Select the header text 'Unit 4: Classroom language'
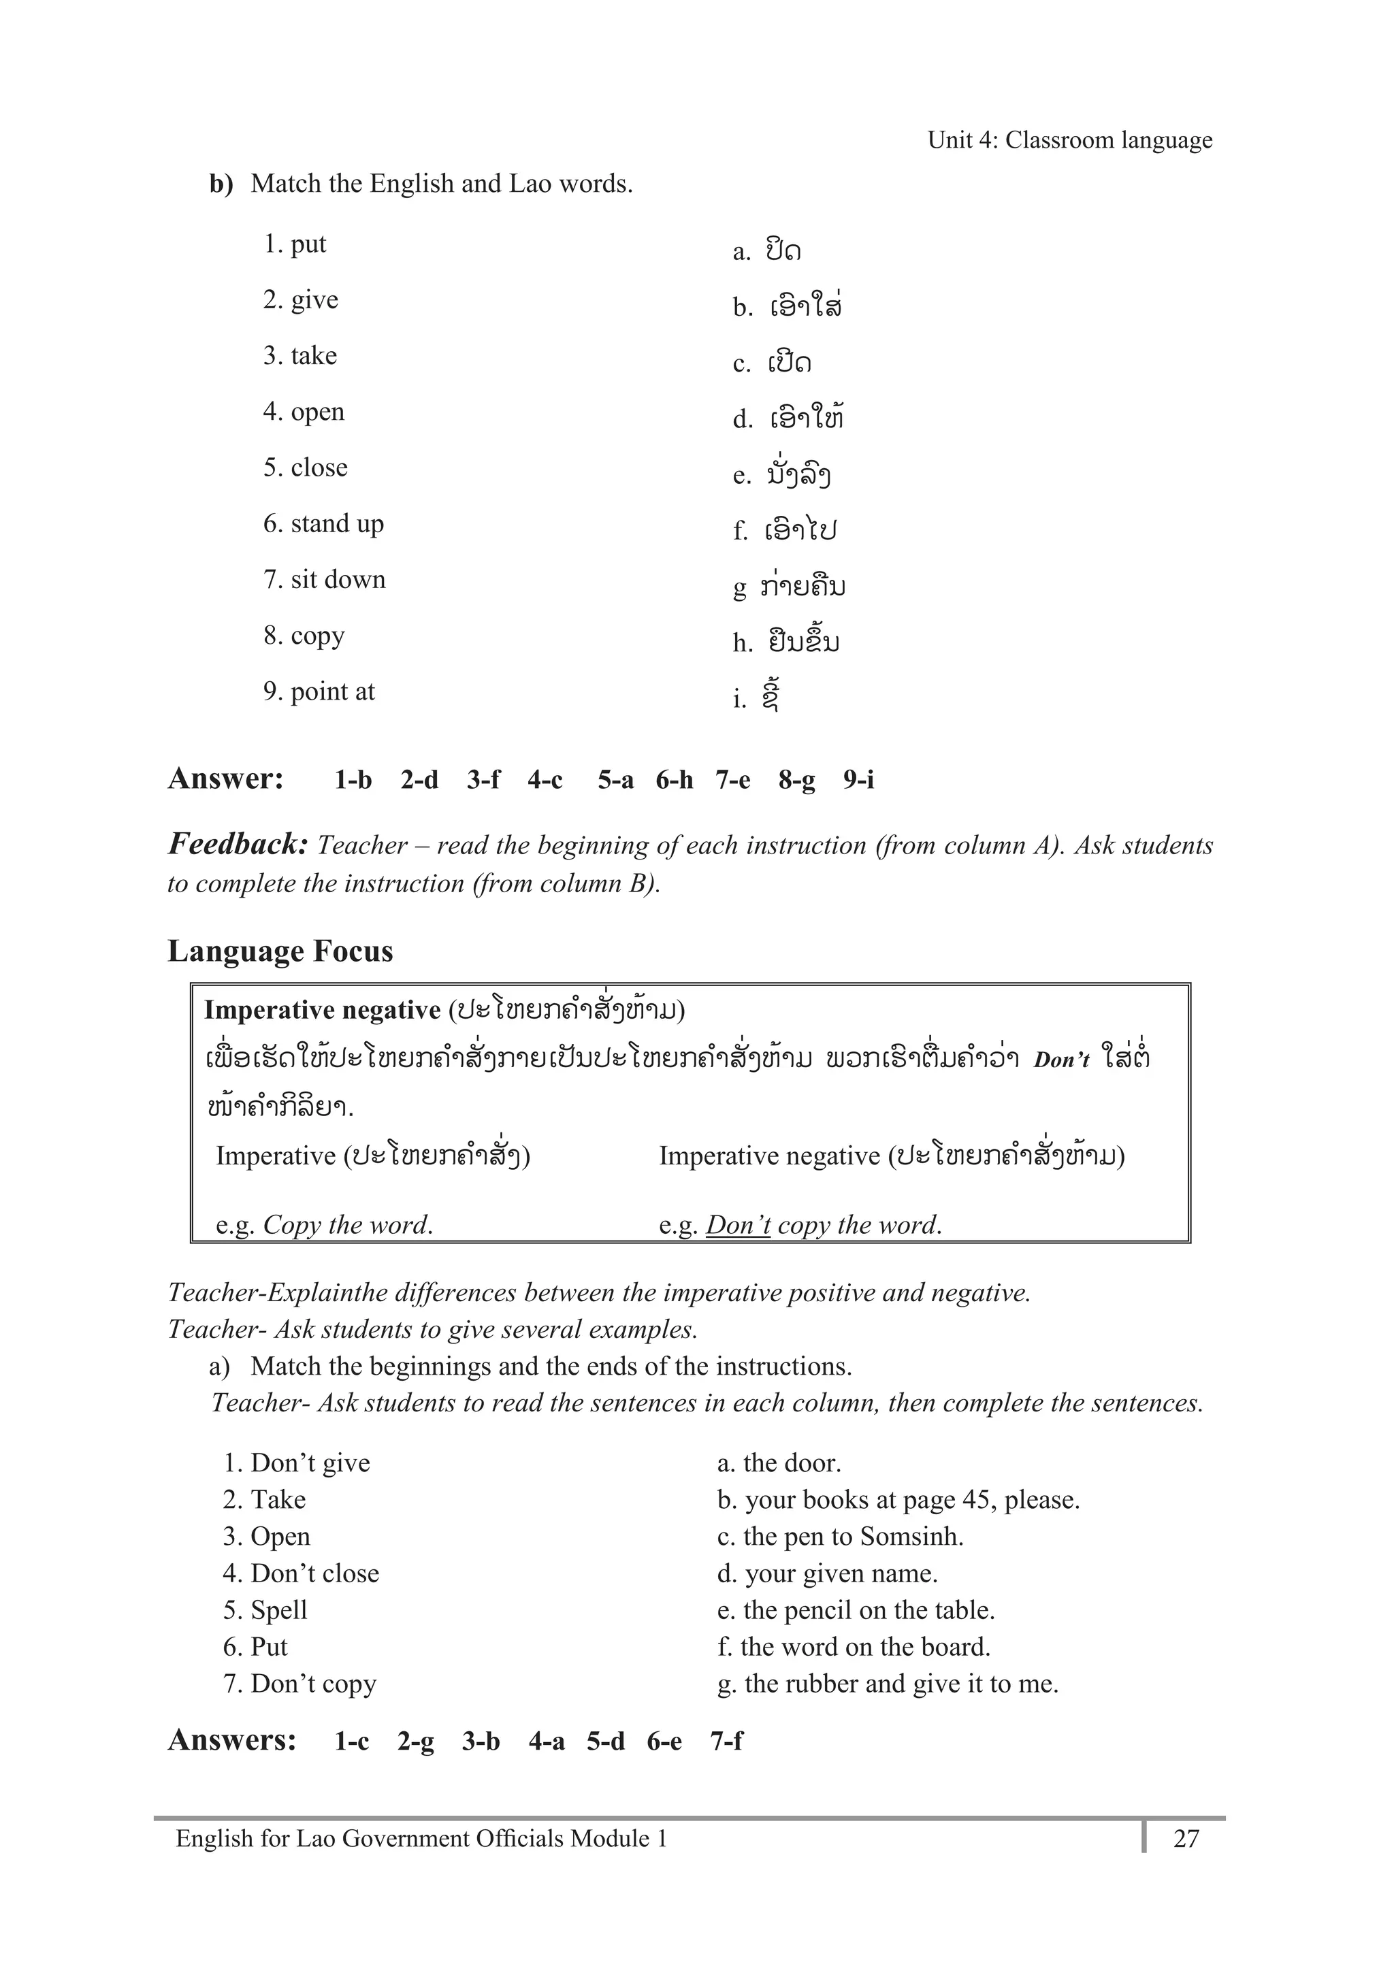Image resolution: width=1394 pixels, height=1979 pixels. (x=1069, y=140)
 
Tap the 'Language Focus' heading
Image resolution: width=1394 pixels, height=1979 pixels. (x=280, y=951)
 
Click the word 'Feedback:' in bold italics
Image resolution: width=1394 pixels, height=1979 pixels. (x=238, y=844)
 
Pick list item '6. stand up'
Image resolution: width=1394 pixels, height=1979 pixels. (x=323, y=524)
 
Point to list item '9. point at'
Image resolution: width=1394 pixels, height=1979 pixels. (x=319, y=691)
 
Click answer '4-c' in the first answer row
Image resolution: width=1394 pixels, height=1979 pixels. (x=545, y=780)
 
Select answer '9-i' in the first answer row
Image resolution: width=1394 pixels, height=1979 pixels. (x=858, y=780)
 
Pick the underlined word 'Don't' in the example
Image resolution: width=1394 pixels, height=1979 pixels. (x=737, y=1225)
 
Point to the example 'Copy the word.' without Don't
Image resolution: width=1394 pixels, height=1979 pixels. (x=347, y=1225)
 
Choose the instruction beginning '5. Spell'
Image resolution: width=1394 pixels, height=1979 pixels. (x=265, y=1610)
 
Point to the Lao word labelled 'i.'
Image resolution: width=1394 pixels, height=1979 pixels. (x=771, y=696)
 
